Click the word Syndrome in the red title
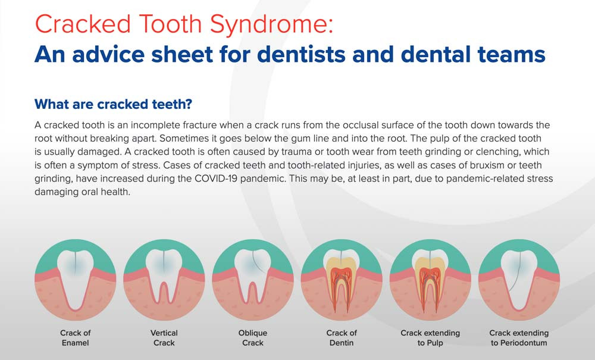271,24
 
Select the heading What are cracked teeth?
114,104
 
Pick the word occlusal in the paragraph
361,125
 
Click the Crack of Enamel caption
75,337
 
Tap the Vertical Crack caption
164,337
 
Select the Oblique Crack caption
253,337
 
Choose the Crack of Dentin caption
342,337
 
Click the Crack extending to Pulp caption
430,337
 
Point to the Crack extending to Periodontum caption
519,337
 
